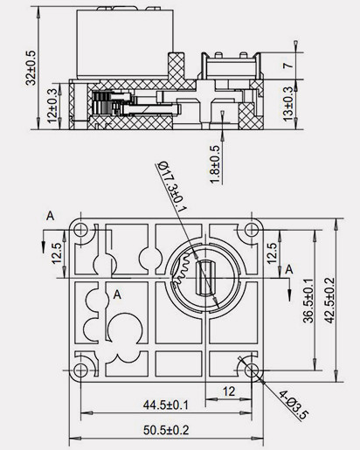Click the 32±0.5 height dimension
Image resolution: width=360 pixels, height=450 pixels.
[32, 66]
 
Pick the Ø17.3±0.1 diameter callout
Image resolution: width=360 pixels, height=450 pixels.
[170, 183]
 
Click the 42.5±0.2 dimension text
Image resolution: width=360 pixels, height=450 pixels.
[329, 300]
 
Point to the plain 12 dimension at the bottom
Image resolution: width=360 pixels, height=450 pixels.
[230, 391]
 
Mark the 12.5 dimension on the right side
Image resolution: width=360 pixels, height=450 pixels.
[272, 253]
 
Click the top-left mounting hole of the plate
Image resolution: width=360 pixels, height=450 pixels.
[80, 231]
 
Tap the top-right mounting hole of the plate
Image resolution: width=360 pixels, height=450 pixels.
[253, 231]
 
